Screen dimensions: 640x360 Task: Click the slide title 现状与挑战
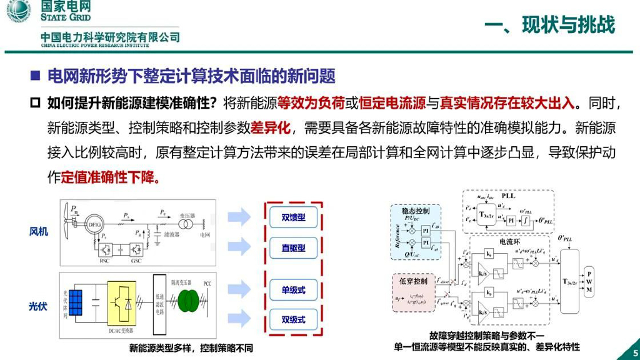[550, 24]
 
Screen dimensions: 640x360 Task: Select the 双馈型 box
[293, 217]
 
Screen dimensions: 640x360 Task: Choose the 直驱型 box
[293, 248]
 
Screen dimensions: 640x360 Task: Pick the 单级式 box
[293, 289]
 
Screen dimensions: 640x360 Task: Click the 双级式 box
[293, 319]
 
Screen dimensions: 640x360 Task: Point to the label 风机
[39, 231]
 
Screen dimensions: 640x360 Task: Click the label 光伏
[39, 306]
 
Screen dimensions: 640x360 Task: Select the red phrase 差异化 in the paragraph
[271, 128]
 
